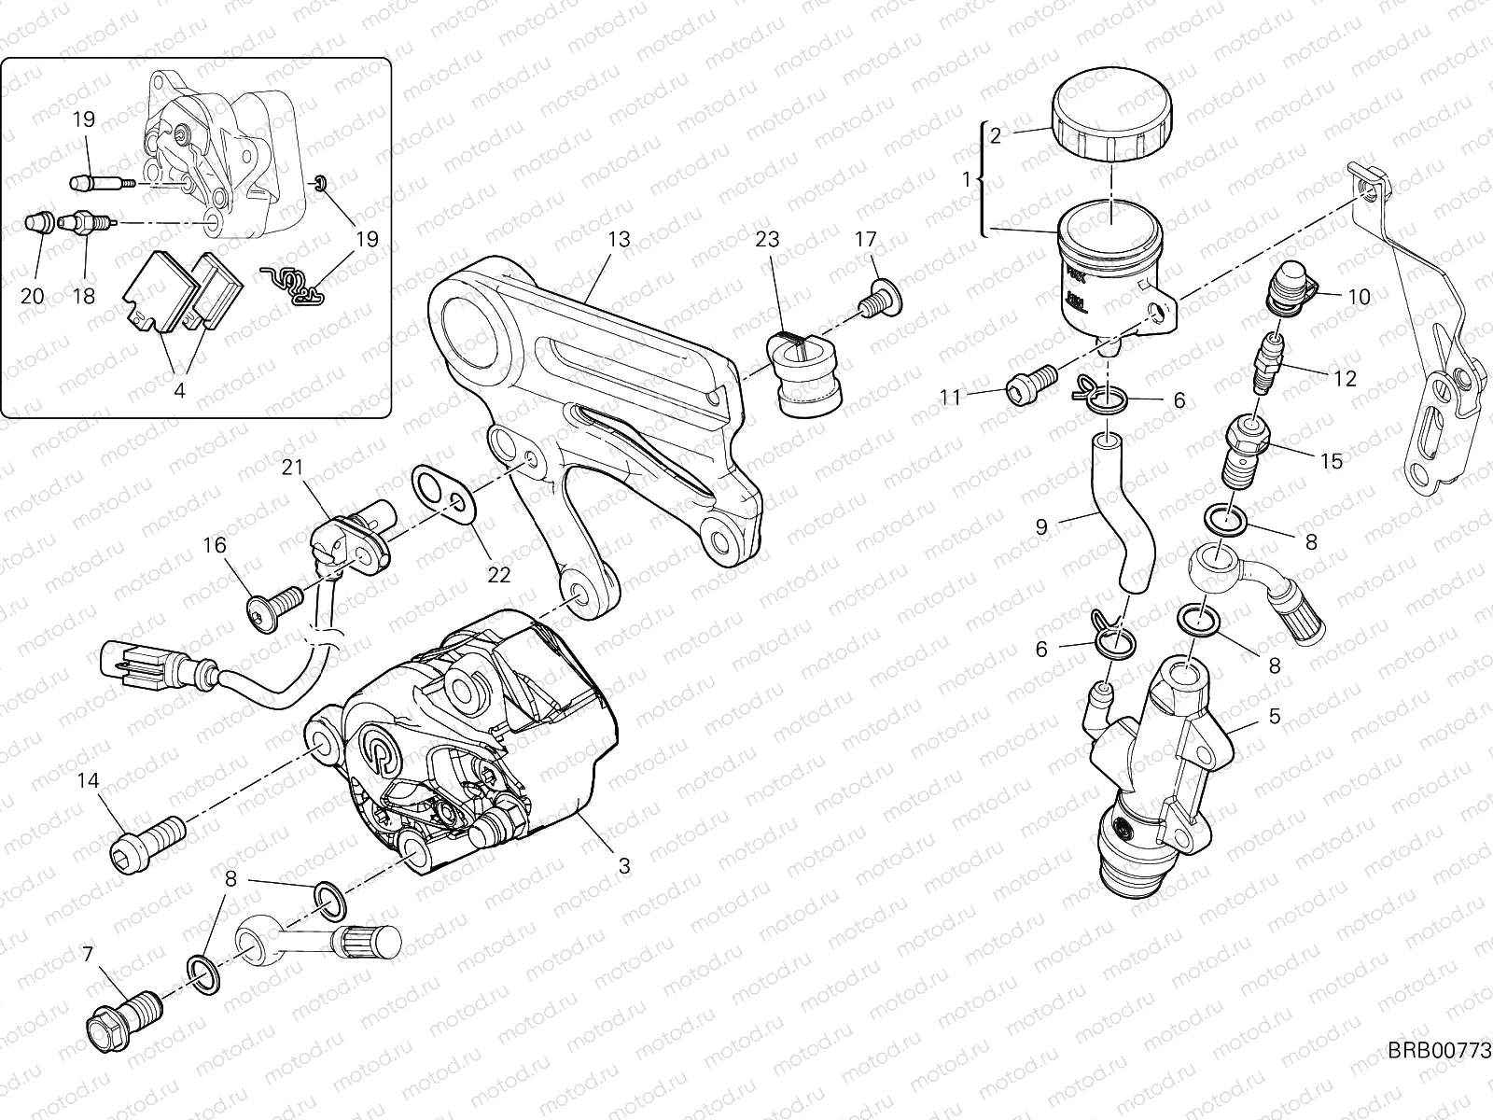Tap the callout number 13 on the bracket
point(619,240)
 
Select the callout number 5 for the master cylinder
point(1276,717)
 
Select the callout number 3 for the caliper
point(624,866)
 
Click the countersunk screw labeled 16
point(272,608)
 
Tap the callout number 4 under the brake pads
point(179,391)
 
